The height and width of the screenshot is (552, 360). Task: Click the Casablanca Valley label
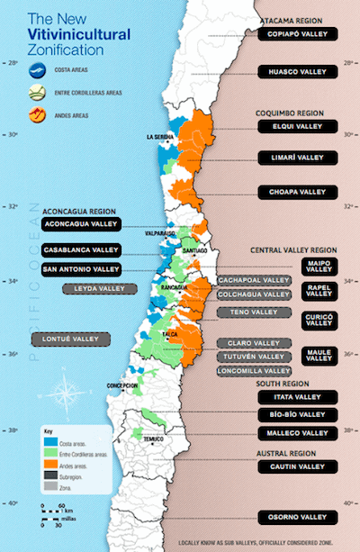point(80,249)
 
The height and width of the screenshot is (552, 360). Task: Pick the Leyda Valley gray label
point(99,288)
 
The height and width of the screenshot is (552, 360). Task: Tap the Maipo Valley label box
point(319,267)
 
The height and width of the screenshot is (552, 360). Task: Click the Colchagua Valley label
point(255,294)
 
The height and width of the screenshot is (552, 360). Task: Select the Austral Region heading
point(289,453)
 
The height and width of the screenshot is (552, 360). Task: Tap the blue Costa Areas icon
point(38,68)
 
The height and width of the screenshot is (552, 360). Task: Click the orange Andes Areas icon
point(38,114)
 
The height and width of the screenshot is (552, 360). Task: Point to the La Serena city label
point(159,137)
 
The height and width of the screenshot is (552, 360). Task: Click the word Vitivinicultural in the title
point(79,33)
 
